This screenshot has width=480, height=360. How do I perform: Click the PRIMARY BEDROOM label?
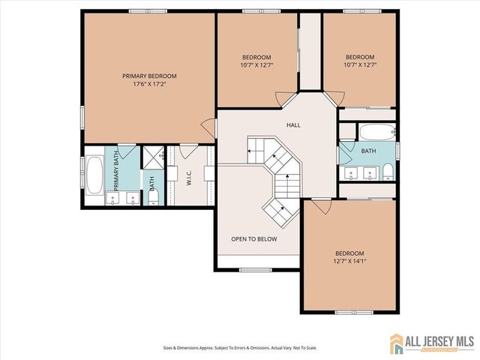[x=150, y=76]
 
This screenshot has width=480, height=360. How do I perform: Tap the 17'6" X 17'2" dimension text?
[x=150, y=84]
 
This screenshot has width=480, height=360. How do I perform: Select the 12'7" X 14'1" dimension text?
[x=349, y=262]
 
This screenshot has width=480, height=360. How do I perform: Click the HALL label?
[x=293, y=125]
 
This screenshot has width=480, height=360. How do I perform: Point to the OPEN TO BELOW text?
[x=253, y=239]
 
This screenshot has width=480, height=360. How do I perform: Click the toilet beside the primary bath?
[x=153, y=197]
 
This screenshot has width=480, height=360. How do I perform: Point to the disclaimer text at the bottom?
[x=240, y=348]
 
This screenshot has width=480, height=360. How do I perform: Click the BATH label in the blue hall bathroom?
[x=367, y=151]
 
